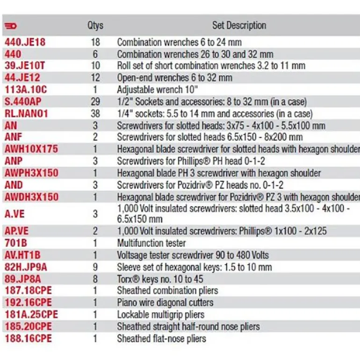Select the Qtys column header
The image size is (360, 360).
(95, 25)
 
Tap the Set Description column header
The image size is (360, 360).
(239, 25)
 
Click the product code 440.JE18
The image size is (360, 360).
(25, 42)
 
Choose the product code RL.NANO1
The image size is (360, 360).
(27, 114)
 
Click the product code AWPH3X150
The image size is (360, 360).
(31, 173)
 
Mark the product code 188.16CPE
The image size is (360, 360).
(28, 338)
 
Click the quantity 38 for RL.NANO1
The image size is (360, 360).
(95, 114)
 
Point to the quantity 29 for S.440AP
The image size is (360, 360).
(95, 101)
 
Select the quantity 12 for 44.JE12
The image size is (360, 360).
(95, 78)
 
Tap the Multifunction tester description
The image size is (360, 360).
(151, 243)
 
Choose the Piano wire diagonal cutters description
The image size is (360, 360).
(165, 302)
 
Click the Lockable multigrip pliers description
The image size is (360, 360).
(161, 315)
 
